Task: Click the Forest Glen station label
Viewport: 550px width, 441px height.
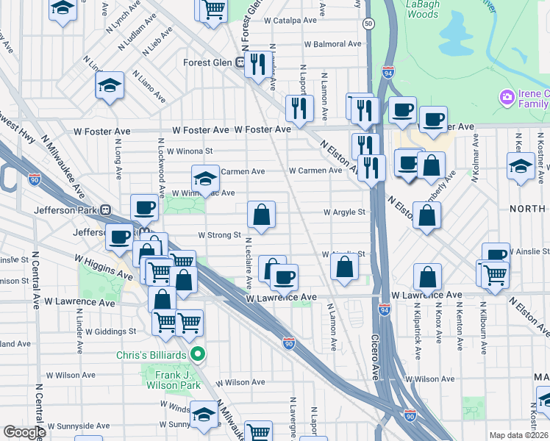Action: point(208,62)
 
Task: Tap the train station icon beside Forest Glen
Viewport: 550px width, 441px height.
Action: point(240,62)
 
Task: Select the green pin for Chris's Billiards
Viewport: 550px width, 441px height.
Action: point(197,355)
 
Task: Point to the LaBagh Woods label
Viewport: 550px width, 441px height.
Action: point(422,8)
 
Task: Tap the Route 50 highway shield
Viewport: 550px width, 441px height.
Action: point(367,24)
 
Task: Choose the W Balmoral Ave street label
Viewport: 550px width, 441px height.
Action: point(337,44)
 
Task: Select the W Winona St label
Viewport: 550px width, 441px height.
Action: point(190,151)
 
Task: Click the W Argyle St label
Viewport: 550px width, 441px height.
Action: point(345,212)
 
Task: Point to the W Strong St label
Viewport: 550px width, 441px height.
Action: point(219,235)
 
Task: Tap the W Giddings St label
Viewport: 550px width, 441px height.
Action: point(112,331)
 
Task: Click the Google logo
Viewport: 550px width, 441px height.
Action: point(24,432)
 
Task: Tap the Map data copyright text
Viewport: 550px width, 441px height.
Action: point(519,435)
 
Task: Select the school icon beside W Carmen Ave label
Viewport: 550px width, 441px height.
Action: point(206,178)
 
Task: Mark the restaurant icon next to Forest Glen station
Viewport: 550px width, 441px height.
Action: point(257,64)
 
